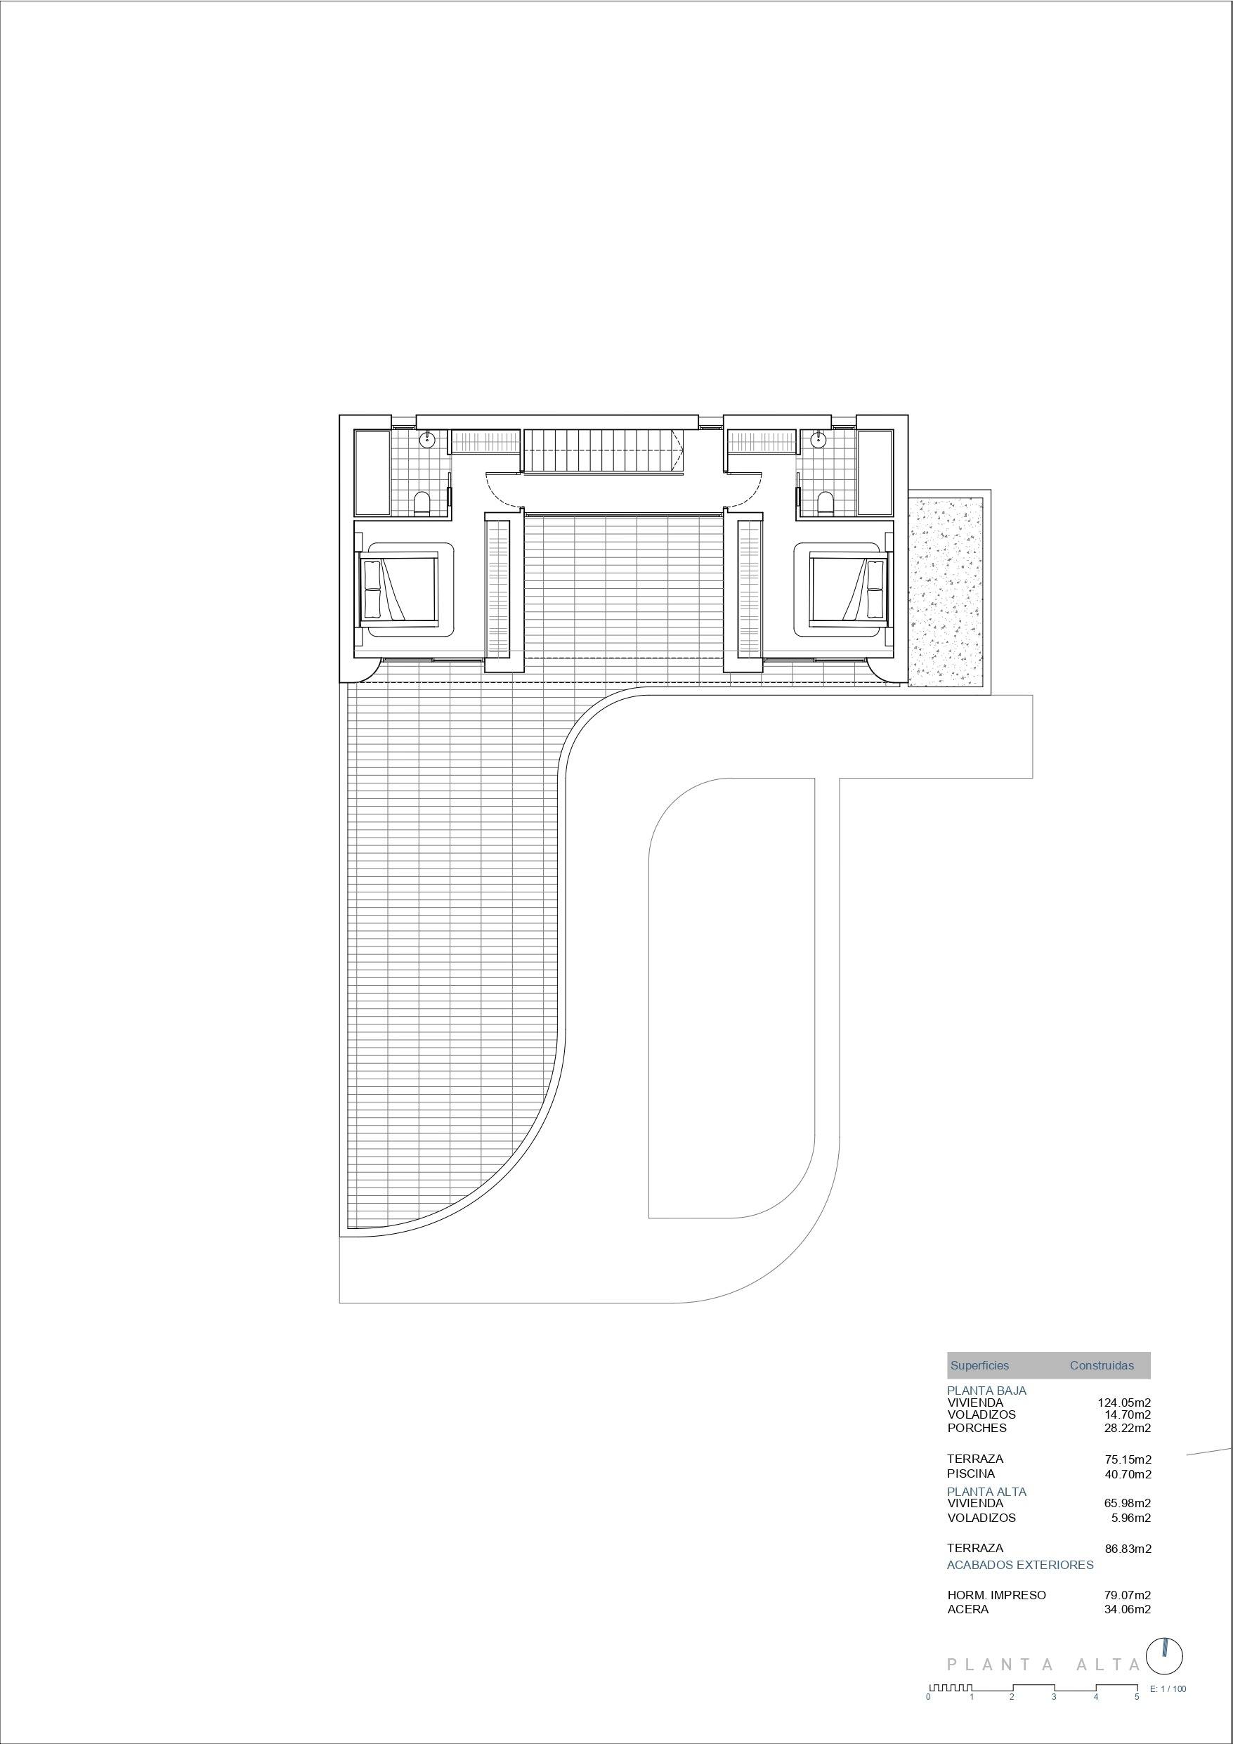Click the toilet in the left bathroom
click(x=422, y=504)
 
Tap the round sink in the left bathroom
click(x=428, y=438)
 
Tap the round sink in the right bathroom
click(x=818, y=438)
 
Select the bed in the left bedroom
click(x=398, y=588)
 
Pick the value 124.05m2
click(x=1124, y=1403)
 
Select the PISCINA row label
click(x=971, y=1473)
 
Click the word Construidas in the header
click(x=1102, y=1365)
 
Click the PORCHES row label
click(x=977, y=1427)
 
